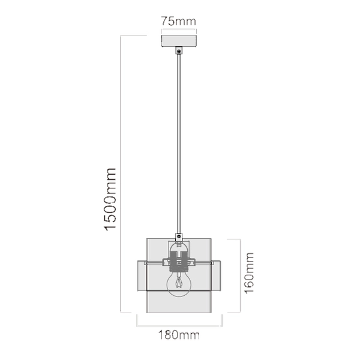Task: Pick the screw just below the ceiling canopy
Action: click(x=179, y=52)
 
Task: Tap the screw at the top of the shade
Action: click(x=179, y=236)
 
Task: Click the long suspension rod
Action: click(x=179, y=144)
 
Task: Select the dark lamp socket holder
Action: click(x=179, y=260)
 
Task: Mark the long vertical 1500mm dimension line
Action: click(x=122, y=174)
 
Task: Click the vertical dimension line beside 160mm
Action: click(x=241, y=275)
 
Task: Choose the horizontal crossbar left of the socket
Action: click(x=155, y=262)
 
